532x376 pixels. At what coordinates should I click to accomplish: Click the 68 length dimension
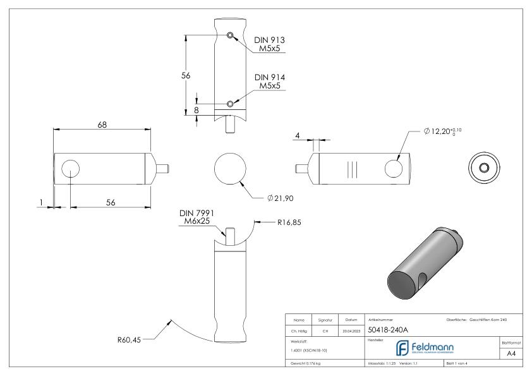click(x=102, y=124)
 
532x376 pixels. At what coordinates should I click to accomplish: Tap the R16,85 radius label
click(x=288, y=222)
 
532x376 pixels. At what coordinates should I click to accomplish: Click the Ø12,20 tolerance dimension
click(x=449, y=131)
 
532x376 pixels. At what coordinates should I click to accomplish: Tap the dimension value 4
click(x=296, y=135)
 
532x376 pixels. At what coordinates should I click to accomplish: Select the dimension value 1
click(x=41, y=202)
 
